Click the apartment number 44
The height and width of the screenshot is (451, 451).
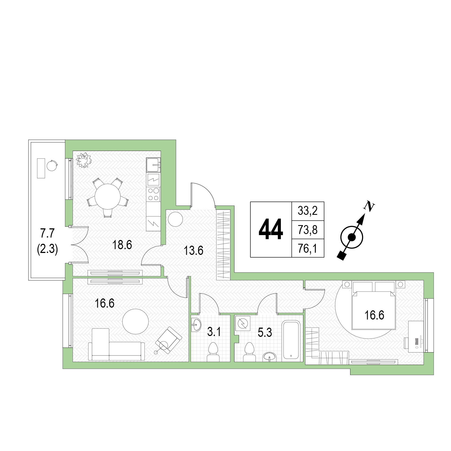tap(271, 229)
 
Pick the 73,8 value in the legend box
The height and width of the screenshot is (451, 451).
tap(307, 230)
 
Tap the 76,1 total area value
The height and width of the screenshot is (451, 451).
tap(307, 248)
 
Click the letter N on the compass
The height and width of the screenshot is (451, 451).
tap(369, 206)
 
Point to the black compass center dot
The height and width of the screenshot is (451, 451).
tap(351, 237)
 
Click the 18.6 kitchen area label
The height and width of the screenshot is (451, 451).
tap(122, 245)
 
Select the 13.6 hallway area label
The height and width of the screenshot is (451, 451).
tap(193, 251)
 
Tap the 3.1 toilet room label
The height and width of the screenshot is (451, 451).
tap(214, 332)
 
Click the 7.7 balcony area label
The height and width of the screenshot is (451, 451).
tap(47, 233)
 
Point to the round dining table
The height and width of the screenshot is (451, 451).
tap(108, 197)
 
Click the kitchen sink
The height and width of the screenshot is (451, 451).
tap(153, 165)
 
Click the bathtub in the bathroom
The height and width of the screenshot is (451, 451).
tap(291, 341)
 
